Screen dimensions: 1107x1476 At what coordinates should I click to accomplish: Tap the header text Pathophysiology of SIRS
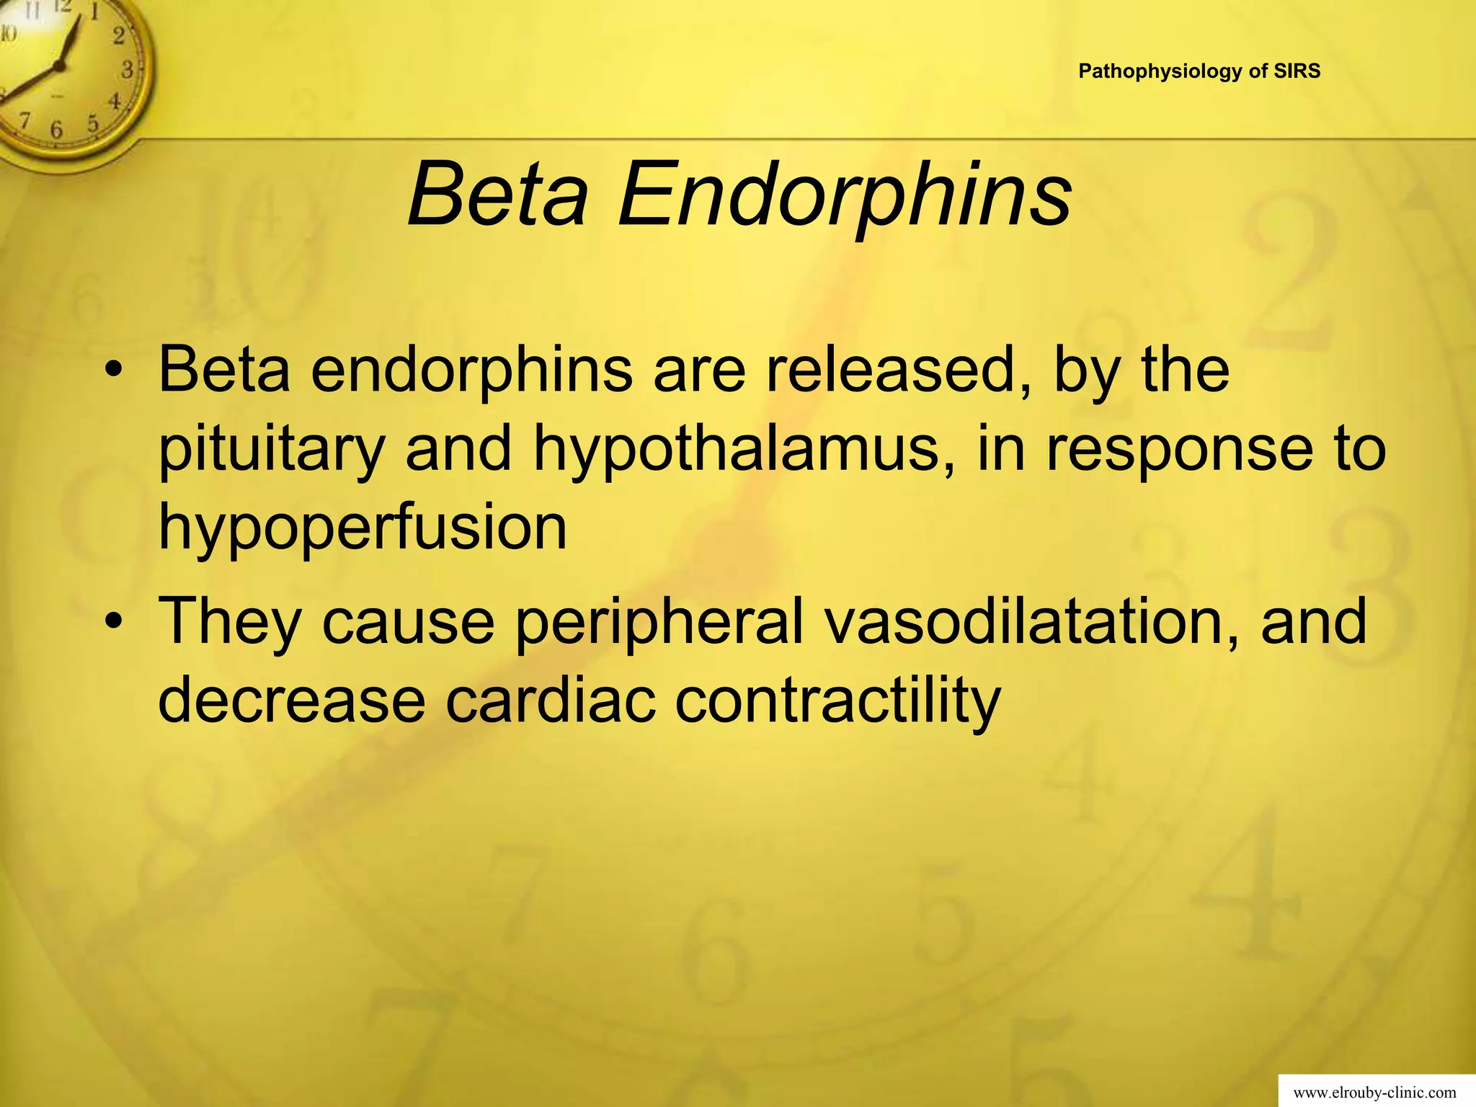[1199, 71]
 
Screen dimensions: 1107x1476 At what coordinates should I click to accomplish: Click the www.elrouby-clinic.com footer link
[1374, 1093]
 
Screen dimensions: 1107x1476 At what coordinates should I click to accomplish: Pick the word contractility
[837, 700]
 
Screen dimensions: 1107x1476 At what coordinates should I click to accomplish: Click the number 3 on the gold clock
[128, 71]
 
